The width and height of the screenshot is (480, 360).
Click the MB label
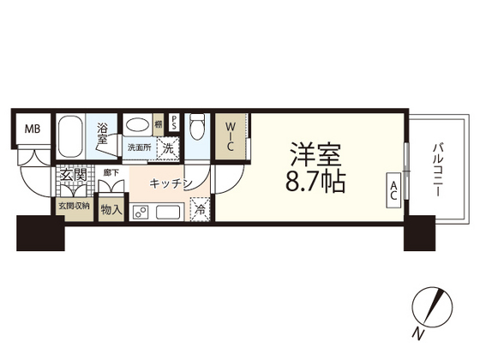point(32,129)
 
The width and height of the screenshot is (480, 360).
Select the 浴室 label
point(102,135)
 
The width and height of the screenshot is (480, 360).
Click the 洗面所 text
point(138,147)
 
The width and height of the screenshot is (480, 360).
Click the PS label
point(174,122)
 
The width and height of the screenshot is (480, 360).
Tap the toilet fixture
point(195,129)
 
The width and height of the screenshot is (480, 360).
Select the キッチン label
point(170,183)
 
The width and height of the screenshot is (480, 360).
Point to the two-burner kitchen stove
point(141,212)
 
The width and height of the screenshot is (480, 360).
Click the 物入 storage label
point(111,208)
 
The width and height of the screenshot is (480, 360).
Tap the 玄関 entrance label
point(73,176)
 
